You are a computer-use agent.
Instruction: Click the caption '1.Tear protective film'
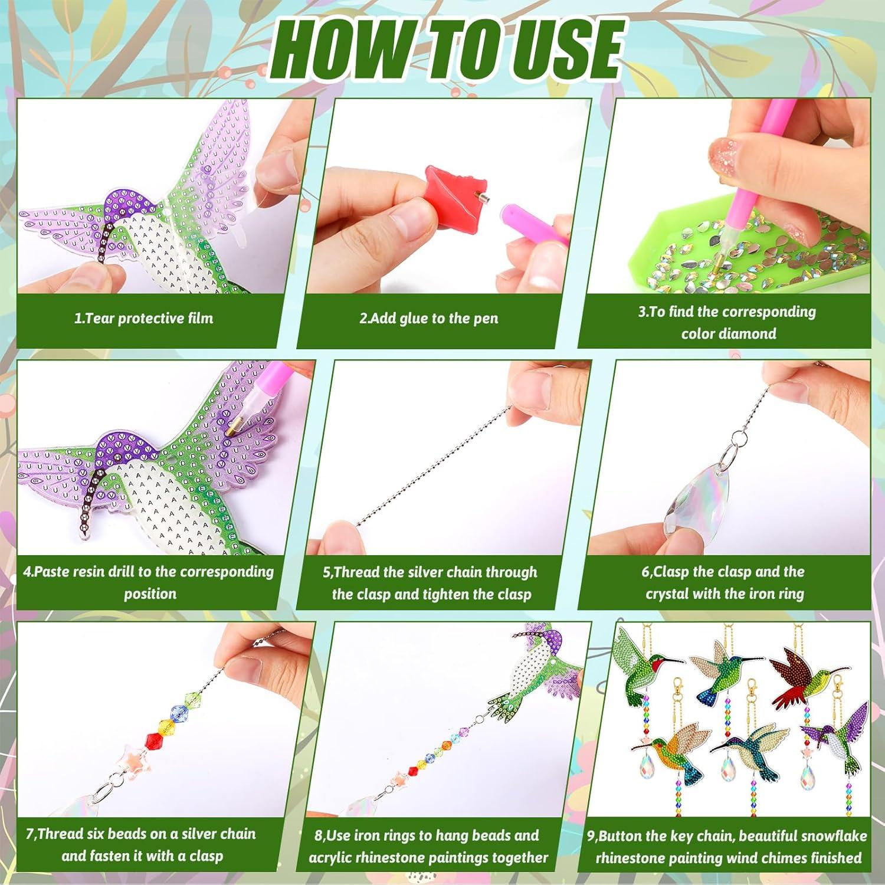pyautogui.click(x=143, y=319)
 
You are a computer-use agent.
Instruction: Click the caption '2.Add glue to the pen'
pyautogui.click(x=429, y=319)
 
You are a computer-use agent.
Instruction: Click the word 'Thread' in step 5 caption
pyautogui.click(x=358, y=572)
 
